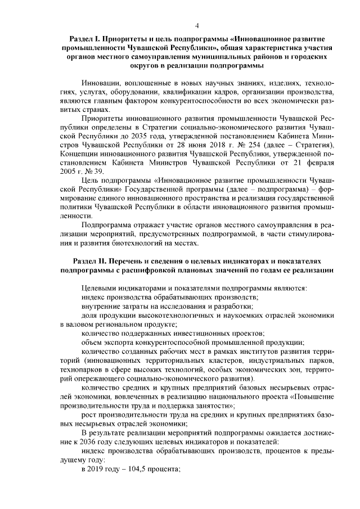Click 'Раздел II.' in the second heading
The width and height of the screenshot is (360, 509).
pyautogui.click(x=91, y=262)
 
